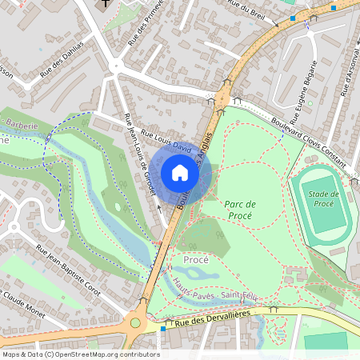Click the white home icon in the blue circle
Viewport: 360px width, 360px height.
180,172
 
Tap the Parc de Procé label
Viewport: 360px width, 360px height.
239,210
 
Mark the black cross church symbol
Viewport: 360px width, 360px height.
106,5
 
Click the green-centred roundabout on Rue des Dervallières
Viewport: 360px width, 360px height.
135,323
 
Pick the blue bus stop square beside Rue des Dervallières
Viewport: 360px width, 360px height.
163,328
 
